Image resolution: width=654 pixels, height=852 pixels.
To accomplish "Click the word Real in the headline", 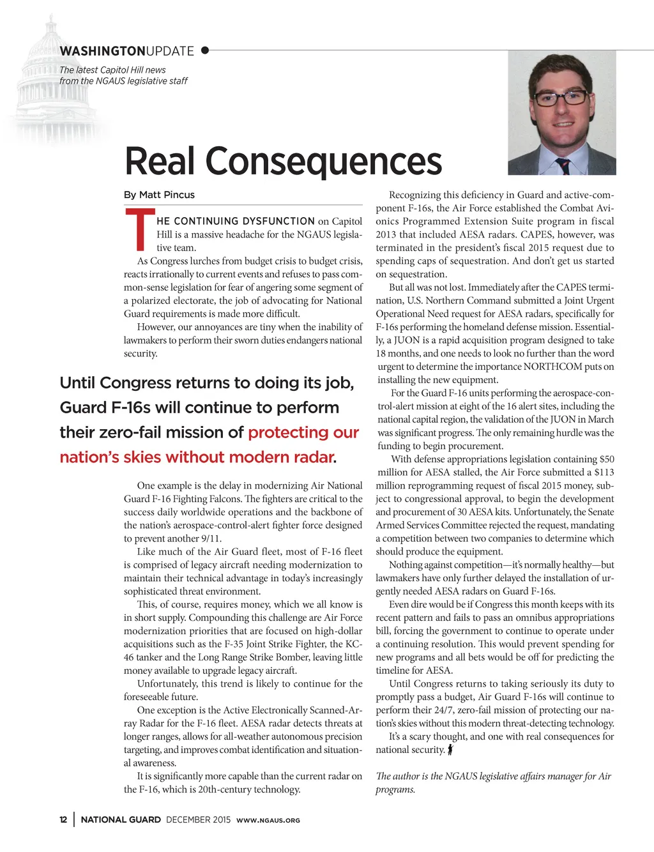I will pyautogui.click(x=159, y=161).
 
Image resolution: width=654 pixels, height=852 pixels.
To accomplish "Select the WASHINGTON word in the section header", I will pyautogui.click(x=102, y=51).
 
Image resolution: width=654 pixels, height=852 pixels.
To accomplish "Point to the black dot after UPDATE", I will pyautogui.click(x=204, y=50).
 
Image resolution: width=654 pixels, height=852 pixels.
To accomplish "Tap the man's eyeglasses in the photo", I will pyautogui.click(x=560, y=98).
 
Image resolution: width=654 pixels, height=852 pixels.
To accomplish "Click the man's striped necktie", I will pyautogui.click(x=562, y=165).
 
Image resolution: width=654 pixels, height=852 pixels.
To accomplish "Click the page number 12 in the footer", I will pyautogui.click(x=63, y=819).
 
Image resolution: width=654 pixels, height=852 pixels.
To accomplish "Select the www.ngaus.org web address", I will pyautogui.click(x=268, y=820).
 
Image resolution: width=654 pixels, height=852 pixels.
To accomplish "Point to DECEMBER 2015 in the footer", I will pyautogui.click(x=198, y=819).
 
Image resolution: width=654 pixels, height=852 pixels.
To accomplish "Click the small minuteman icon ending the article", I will pyautogui.click(x=450, y=750).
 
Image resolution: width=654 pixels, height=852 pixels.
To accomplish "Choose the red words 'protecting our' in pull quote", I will pyautogui.click(x=303, y=432).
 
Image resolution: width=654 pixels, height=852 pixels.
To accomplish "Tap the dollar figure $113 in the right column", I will pyautogui.click(x=604, y=472).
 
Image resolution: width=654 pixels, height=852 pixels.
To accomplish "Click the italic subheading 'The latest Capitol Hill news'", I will pyautogui.click(x=112, y=70).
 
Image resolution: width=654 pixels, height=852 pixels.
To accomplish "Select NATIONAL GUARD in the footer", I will pyautogui.click(x=121, y=819).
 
